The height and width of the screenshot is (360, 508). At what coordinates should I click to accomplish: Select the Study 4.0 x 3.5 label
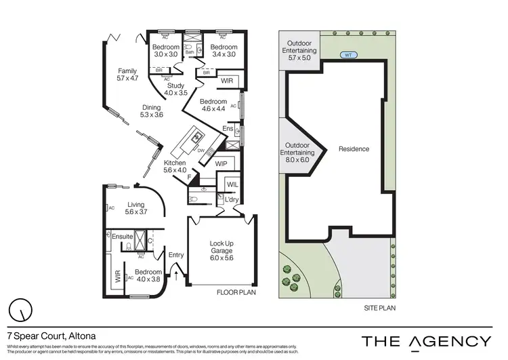tap(176, 89)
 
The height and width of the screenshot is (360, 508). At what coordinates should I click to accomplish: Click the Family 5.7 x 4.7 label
tap(127, 75)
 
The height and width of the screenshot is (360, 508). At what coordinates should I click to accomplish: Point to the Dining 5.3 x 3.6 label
tap(152, 111)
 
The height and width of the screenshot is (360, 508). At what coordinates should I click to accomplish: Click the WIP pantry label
tap(221, 164)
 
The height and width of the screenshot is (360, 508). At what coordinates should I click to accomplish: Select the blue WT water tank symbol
tap(348, 56)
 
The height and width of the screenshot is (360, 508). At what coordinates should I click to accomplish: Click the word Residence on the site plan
tap(354, 149)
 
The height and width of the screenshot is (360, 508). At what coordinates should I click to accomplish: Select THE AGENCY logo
tap(426, 340)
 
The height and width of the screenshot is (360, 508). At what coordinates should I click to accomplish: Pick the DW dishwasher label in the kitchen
tap(201, 151)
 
